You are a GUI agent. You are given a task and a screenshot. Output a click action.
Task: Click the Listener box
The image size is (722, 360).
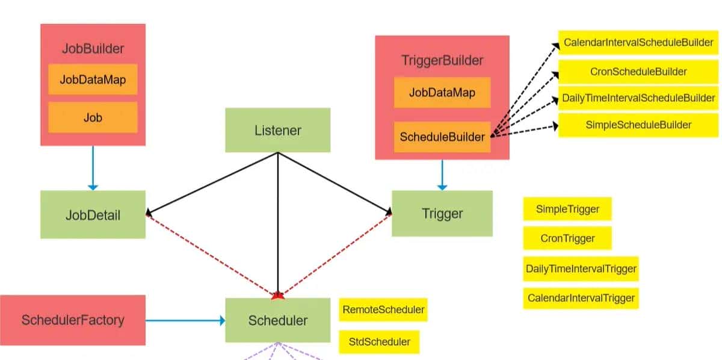click(277, 130)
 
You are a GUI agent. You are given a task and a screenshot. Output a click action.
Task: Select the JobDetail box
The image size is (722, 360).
click(93, 214)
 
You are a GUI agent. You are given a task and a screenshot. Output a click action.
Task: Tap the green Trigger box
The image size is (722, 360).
click(442, 214)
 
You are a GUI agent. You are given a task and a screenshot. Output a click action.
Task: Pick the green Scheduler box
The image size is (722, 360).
click(277, 320)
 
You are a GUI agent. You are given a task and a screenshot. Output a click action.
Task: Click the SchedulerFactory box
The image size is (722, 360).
click(72, 320)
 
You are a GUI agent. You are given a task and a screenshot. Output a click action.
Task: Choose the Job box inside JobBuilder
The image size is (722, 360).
click(93, 117)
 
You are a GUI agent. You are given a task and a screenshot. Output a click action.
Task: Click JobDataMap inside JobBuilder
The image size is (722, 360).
click(93, 79)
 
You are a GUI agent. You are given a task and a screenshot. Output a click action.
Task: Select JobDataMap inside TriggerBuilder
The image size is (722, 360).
click(442, 92)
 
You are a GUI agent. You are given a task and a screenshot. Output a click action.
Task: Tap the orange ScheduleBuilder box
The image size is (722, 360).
click(442, 137)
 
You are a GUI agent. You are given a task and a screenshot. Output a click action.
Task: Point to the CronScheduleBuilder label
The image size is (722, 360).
click(638, 72)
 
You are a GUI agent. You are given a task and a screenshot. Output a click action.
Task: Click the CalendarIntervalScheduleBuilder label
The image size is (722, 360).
click(638, 43)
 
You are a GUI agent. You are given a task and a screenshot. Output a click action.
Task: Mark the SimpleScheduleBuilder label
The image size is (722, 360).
click(638, 125)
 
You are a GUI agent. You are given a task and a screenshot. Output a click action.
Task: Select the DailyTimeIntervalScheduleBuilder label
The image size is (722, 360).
click(638, 98)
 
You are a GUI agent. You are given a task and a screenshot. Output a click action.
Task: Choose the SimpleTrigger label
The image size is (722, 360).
click(567, 209)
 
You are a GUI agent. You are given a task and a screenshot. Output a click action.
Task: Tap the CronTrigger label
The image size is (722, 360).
click(567, 238)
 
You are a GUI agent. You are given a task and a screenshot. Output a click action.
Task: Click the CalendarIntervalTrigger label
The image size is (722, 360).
click(581, 297)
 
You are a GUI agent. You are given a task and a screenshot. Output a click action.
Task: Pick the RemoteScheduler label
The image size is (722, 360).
click(383, 310)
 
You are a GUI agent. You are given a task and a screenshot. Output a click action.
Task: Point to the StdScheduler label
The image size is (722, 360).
click(379, 341)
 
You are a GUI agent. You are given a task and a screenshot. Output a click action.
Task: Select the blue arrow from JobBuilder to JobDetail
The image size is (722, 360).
click(93, 168)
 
